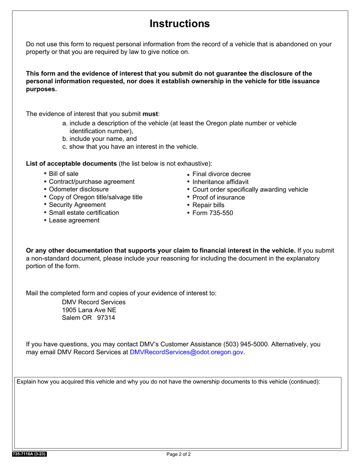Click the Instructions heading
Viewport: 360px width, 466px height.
tap(180, 23)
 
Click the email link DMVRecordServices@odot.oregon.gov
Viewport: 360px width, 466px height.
tap(186, 352)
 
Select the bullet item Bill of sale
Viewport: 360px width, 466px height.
tap(64, 174)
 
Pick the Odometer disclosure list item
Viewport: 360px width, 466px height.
tap(78, 189)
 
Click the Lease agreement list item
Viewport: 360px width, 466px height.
tap(74, 220)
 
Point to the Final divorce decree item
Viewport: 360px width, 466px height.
tap(221, 174)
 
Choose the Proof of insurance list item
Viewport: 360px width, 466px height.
tap(219, 197)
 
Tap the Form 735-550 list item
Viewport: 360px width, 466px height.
tap(213, 213)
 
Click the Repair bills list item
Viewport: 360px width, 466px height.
tap(208, 205)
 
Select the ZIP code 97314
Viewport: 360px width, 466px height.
tap(106, 317)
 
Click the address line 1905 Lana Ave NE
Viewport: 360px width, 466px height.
tap(89, 310)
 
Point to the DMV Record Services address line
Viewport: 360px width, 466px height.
tap(94, 302)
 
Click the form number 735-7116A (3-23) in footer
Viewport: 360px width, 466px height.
tap(30, 454)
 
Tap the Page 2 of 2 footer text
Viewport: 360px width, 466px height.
tap(178, 454)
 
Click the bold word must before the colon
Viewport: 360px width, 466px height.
tap(150, 114)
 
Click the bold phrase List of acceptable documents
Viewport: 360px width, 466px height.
tap(71, 163)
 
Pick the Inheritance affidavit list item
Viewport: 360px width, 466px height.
tap(221, 182)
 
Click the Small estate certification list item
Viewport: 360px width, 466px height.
tap(84, 213)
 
